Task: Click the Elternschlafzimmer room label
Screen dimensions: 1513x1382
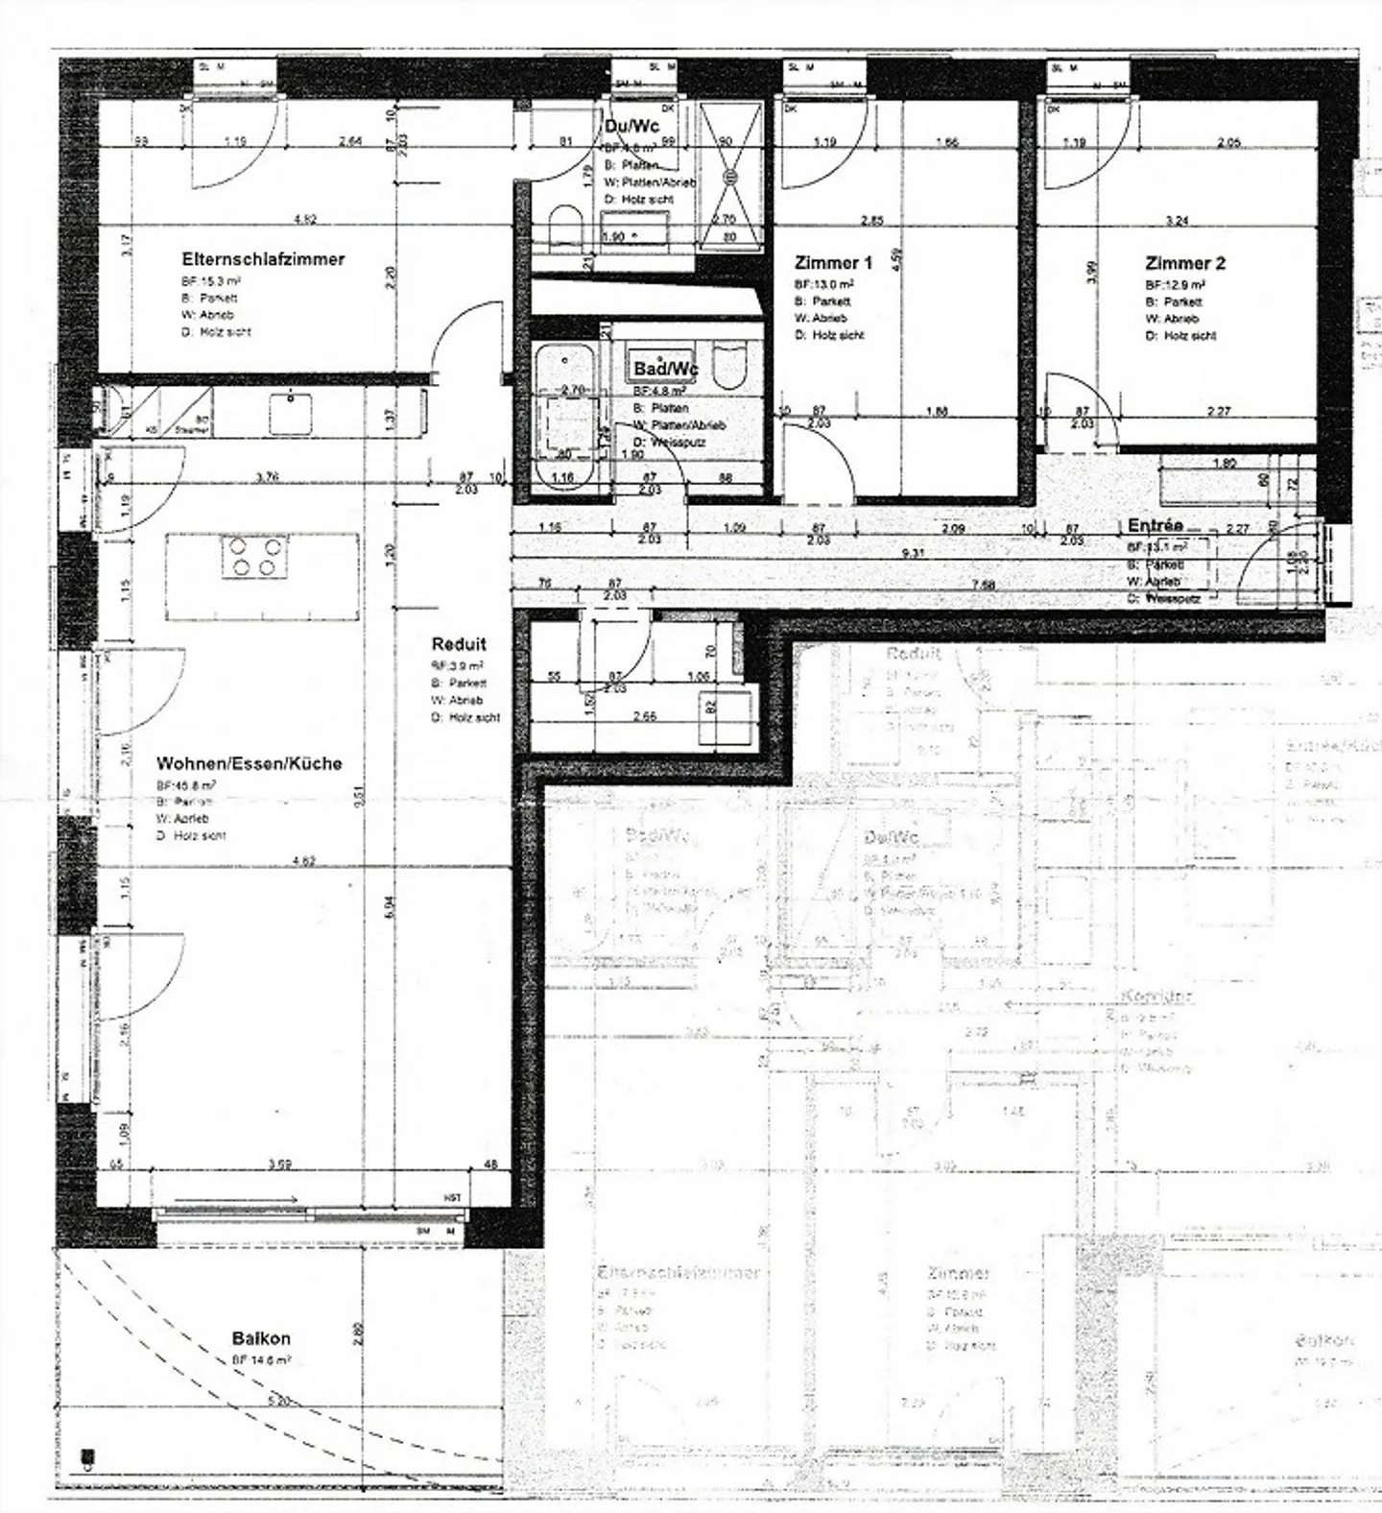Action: click(263, 259)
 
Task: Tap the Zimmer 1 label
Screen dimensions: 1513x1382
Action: click(833, 263)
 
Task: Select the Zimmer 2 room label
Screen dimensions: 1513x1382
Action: click(1184, 263)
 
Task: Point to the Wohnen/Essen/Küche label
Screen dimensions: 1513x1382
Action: click(249, 763)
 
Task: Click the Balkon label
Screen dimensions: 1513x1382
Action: click(260, 1338)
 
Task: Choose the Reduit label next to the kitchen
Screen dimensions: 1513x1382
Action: click(459, 644)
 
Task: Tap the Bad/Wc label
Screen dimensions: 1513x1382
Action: click(665, 369)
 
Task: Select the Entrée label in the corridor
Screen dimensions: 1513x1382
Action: click(1155, 526)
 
